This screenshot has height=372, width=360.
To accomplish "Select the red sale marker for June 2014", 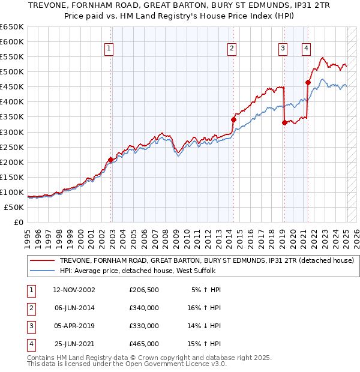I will pyautogui.click(x=234, y=120).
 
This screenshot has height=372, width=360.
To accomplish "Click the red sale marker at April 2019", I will pyautogui.click(x=284, y=122).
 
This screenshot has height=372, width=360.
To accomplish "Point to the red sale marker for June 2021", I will pyautogui.click(x=308, y=83).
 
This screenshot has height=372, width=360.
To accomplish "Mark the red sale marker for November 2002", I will pyautogui.click(x=111, y=160).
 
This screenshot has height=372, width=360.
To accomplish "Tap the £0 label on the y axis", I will pyautogui.click(x=18, y=222).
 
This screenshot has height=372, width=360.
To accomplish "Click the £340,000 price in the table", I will pyautogui.click(x=144, y=308).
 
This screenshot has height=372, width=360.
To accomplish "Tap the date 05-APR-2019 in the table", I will pyautogui.click(x=74, y=326).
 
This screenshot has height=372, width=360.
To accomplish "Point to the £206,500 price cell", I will pyautogui.click(x=144, y=290).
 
